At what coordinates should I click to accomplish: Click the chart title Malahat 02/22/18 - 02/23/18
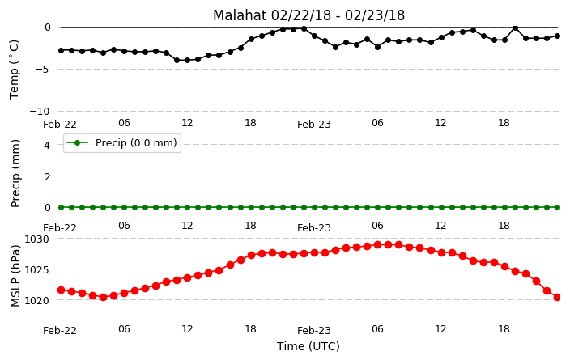click(x=308, y=15)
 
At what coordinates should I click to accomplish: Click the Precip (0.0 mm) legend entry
click(x=122, y=142)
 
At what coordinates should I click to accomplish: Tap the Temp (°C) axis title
click(x=14, y=69)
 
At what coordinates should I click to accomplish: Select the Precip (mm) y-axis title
click(x=15, y=173)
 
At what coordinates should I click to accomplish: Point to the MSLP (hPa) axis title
click(x=15, y=276)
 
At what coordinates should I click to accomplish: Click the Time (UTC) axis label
click(x=308, y=346)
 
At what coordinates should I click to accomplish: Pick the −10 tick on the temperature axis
click(x=39, y=111)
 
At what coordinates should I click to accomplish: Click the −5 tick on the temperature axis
click(x=42, y=69)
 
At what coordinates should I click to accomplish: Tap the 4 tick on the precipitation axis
click(x=47, y=146)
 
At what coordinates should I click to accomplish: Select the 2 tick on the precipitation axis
click(x=47, y=176)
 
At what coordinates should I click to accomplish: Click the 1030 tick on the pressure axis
click(x=36, y=239)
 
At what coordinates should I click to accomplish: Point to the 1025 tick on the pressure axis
click(x=36, y=270)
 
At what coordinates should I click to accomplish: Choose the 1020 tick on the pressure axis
click(x=36, y=300)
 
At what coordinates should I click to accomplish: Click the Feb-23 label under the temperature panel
click(x=314, y=125)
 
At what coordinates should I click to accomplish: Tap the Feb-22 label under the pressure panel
click(x=60, y=331)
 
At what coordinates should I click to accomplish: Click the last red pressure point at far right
click(x=557, y=298)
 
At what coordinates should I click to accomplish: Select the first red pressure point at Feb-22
click(x=61, y=290)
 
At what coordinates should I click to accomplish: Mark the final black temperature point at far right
click(x=557, y=36)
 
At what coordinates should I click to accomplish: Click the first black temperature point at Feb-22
click(x=61, y=50)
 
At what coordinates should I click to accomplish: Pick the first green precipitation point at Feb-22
click(x=61, y=207)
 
